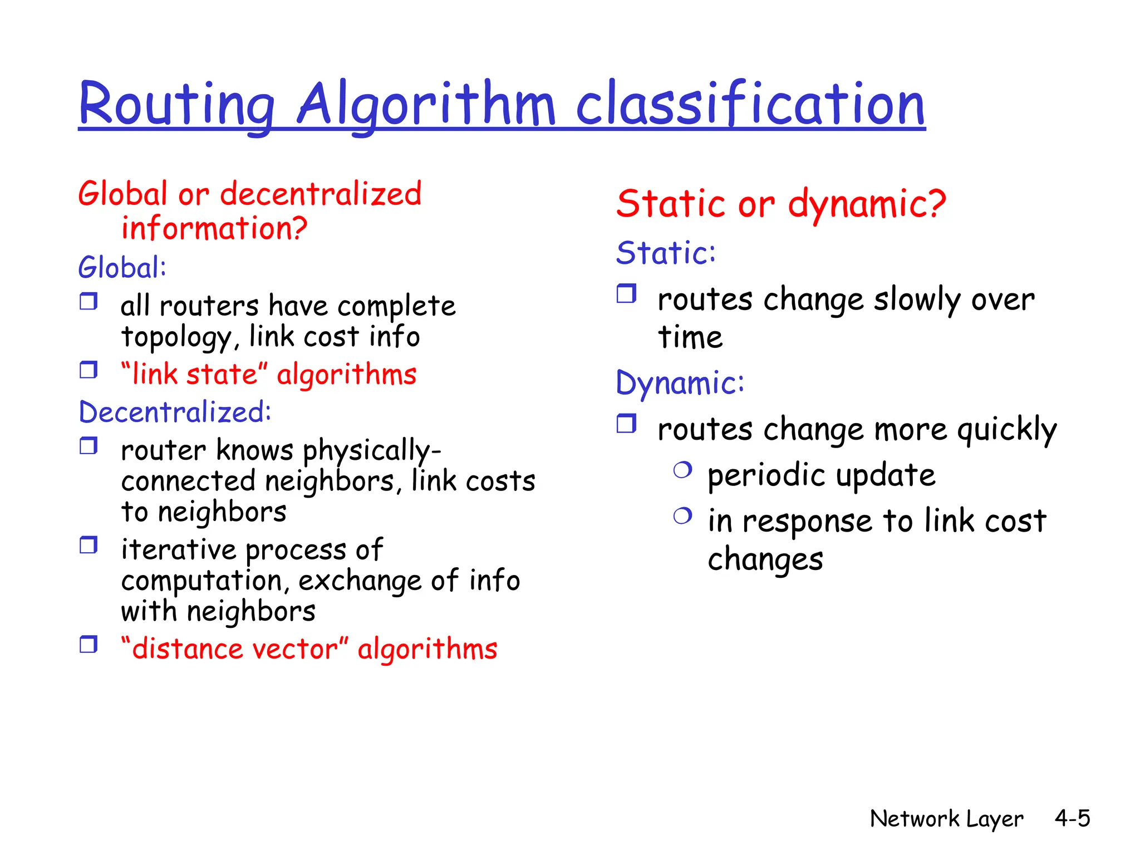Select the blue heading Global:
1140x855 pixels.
(x=122, y=268)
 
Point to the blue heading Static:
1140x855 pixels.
(x=666, y=253)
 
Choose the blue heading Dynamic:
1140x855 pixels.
(x=680, y=383)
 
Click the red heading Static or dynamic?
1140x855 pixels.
(x=781, y=204)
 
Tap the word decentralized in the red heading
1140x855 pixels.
(x=321, y=194)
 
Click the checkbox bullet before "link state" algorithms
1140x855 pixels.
(x=89, y=370)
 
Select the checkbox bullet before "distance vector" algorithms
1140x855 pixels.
(x=89, y=644)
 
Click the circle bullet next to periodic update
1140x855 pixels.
(x=682, y=470)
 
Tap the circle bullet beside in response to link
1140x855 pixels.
(x=682, y=516)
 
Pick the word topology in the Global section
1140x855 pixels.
(x=176, y=338)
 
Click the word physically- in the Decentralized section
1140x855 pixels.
(x=372, y=450)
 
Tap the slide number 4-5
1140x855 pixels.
(x=1072, y=818)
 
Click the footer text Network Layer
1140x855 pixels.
(x=946, y=819)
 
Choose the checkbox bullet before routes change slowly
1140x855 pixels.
(x=626, y=293)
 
